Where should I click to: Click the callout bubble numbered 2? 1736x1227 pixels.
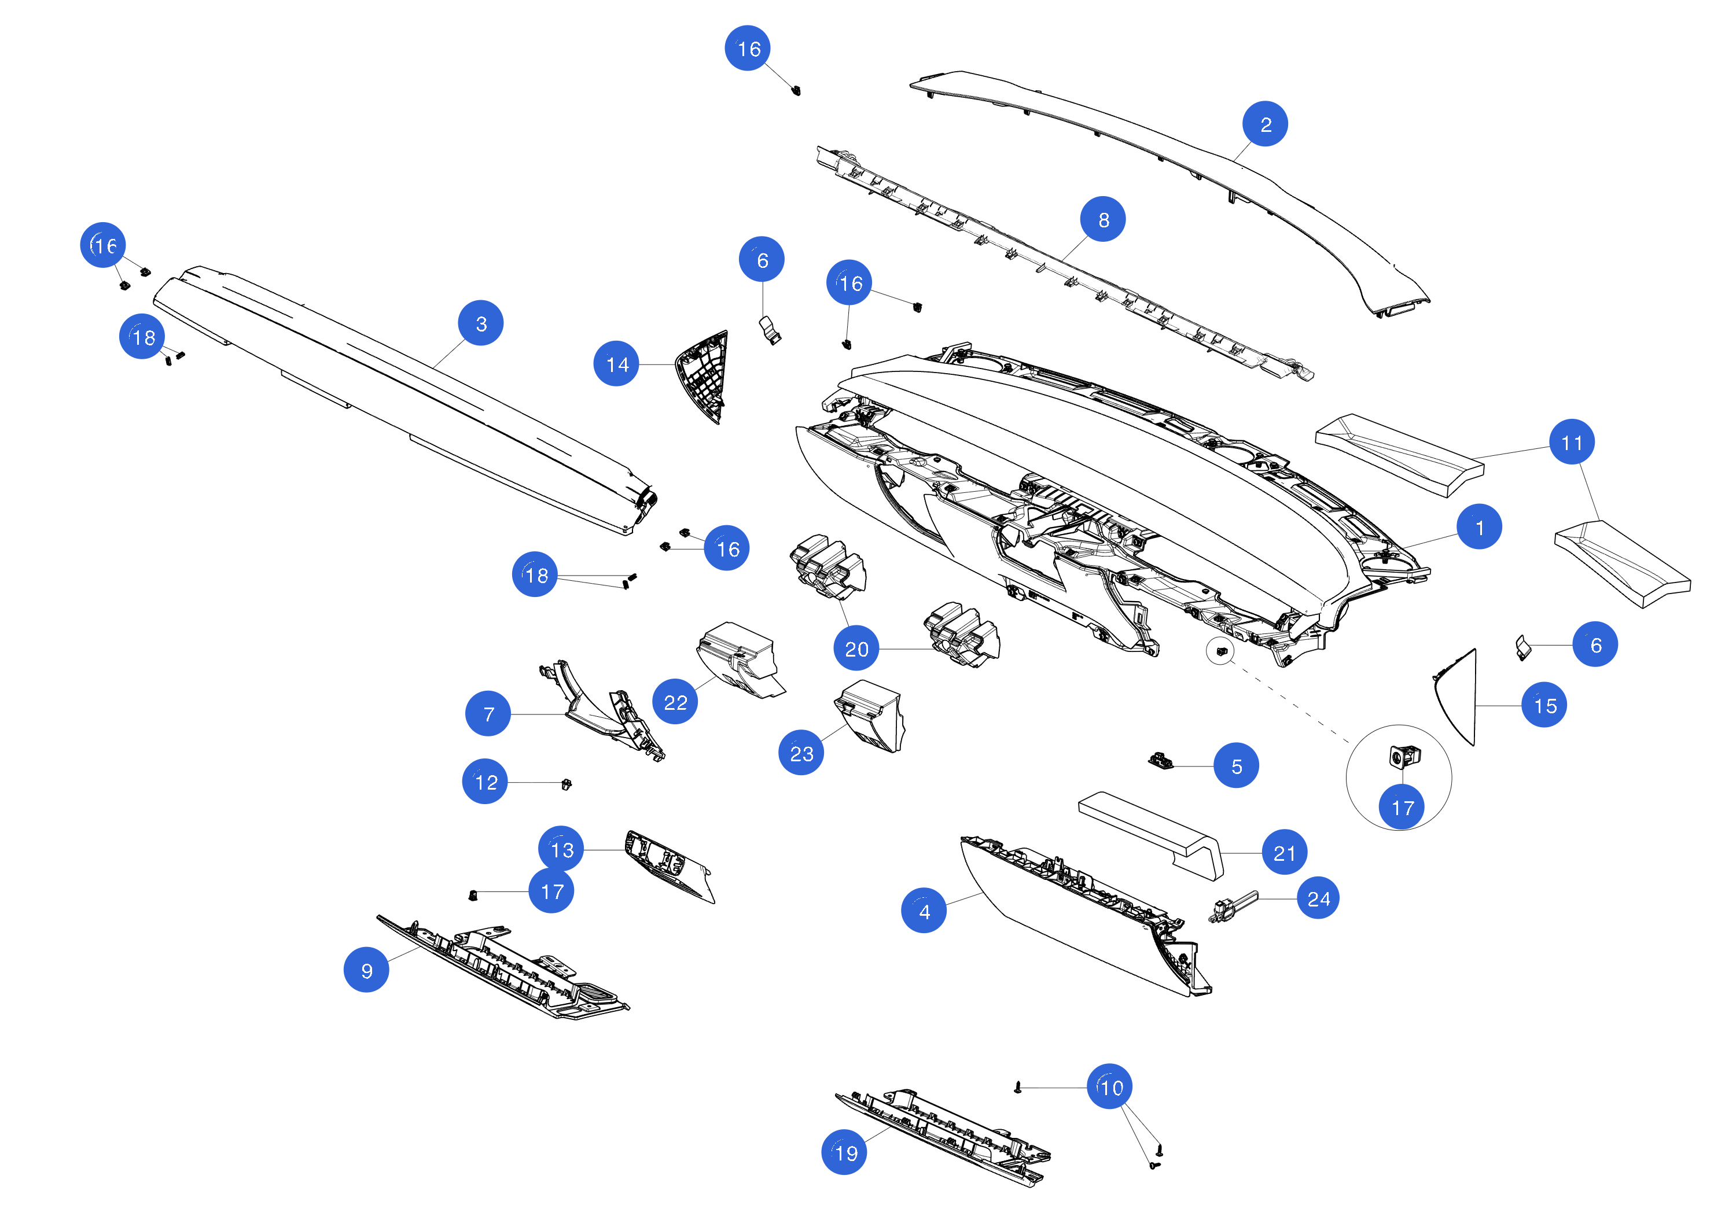click(1264, 124)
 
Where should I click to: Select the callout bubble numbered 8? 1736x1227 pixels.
click(1102, 219)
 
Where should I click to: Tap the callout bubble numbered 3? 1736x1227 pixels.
click(480, 323)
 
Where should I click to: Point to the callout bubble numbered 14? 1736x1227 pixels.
click(616, 364)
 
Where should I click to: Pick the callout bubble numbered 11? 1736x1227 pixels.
click(1571, 443)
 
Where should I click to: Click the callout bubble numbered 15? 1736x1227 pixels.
click(1543, 705)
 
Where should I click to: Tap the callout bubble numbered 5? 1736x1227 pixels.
click(1235, 766)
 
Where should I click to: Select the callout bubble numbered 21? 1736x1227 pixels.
click(1284, 853)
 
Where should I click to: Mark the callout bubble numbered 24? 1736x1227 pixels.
click(1317, 898)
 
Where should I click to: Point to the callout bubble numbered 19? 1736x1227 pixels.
click(844, 1152)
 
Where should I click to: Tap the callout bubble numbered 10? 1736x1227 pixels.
click(1109, 1087)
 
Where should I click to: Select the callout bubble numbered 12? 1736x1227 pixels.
click(485, 782)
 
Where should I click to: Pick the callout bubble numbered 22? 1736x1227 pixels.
click(675, 702)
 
